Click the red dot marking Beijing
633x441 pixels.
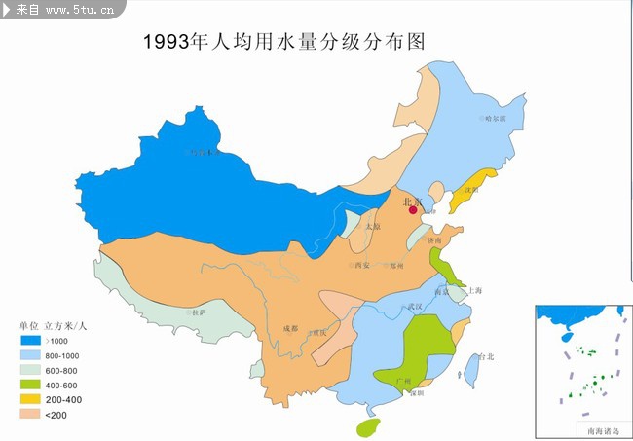click(413, 209)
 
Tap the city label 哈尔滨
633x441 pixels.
click(496, 118)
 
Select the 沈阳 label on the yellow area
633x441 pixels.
click(472, 190)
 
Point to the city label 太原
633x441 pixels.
click(373, 227)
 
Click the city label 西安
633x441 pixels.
click(363, 265)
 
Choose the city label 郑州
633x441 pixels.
click(394, 265)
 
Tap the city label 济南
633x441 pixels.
click(434, 240)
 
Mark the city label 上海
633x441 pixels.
click(475, 290)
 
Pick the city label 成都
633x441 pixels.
click(291, 328)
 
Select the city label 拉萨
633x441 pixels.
click(199, 313)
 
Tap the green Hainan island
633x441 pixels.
click(368, 426)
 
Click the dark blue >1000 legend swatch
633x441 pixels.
click(29, 341)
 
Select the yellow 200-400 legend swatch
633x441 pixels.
click(29, 399)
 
